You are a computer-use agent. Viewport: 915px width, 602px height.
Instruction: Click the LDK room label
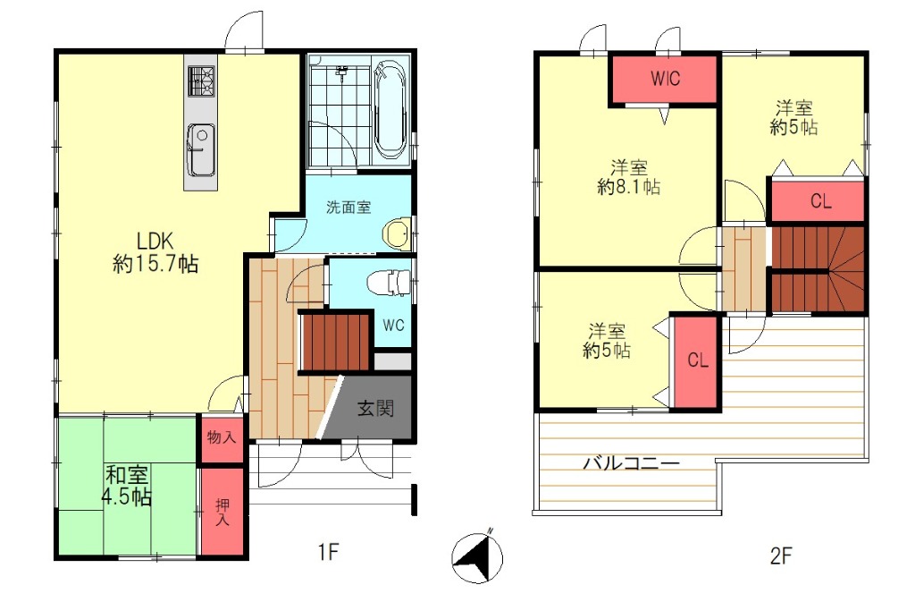pos(155,251)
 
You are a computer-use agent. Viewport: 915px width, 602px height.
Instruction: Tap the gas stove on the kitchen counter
pos(201,81)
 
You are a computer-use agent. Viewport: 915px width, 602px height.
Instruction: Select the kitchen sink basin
pos(200,149)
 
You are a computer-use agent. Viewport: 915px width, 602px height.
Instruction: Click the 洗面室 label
pos(348,207)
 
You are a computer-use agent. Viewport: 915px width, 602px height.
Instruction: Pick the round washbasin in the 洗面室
pos(398,233)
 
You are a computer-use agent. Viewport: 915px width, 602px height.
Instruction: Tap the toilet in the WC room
pos(389,283)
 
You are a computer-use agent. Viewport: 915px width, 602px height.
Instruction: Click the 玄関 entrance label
pos(375,408)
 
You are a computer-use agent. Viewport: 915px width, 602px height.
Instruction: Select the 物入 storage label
pos(222,437)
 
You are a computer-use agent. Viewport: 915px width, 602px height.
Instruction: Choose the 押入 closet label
pos(222,512)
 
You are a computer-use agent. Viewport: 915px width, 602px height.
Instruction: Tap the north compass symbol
pos(477,557)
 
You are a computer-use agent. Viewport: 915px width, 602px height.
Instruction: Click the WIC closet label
pos(666,78)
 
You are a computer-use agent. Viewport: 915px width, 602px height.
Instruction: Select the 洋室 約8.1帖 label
pos(629,177)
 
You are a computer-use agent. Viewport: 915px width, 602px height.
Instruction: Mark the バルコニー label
pos(632,463)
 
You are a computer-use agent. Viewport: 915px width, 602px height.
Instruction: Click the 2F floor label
pos(781,555)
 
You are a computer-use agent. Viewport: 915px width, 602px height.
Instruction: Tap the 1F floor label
pos(329,551)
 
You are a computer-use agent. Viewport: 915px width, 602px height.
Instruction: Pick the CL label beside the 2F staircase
pos(820,201)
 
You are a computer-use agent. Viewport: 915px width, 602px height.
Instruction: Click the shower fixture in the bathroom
pos(342,72)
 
